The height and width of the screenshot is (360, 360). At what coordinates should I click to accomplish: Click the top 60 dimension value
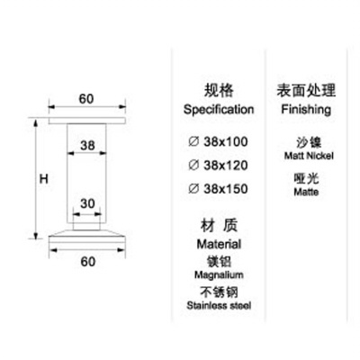86,99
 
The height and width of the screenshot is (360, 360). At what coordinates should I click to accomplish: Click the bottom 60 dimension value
88,262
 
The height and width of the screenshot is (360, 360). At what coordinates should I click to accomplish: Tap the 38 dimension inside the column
87,146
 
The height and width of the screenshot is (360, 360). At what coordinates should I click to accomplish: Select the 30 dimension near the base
87,204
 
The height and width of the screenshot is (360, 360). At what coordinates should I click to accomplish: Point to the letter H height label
44,179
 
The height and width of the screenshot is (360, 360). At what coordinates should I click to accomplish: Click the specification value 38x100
226,141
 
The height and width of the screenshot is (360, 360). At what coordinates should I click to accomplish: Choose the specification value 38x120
226,166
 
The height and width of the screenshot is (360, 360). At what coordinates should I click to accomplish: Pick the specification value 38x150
226,189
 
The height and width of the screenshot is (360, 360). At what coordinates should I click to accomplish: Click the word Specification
219,110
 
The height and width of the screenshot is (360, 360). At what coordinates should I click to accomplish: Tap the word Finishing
306,110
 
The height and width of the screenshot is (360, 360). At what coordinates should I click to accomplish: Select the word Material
219,244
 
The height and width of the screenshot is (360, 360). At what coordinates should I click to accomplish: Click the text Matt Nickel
309,156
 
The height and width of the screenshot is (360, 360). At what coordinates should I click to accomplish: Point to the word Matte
306,192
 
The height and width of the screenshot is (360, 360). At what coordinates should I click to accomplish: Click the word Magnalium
219,274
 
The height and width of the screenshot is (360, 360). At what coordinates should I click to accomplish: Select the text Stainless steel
219,306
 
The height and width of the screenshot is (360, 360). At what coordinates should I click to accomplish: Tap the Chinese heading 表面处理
306,91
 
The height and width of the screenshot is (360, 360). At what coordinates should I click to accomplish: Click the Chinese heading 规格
219,91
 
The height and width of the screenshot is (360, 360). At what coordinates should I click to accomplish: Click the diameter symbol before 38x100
193,141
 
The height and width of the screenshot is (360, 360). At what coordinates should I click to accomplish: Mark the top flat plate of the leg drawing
87,121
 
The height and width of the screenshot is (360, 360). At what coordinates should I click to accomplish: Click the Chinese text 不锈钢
219,292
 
